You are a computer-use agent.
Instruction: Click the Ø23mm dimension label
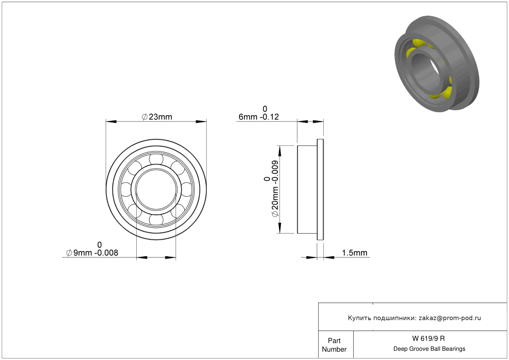[x=157, y=117]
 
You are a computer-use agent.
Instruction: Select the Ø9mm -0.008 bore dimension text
[x=92, y=249]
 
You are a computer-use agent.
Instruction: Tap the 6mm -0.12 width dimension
[x=259, y=113]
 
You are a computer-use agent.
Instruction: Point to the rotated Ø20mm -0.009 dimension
[x=271, y=189]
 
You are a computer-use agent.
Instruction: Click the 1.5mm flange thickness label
[x=354, y=253]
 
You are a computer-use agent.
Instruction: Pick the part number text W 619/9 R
[x=429, y=338]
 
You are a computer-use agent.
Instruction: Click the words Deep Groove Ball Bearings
[x=429, y=349]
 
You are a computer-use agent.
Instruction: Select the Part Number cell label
[x=334, y=345]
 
